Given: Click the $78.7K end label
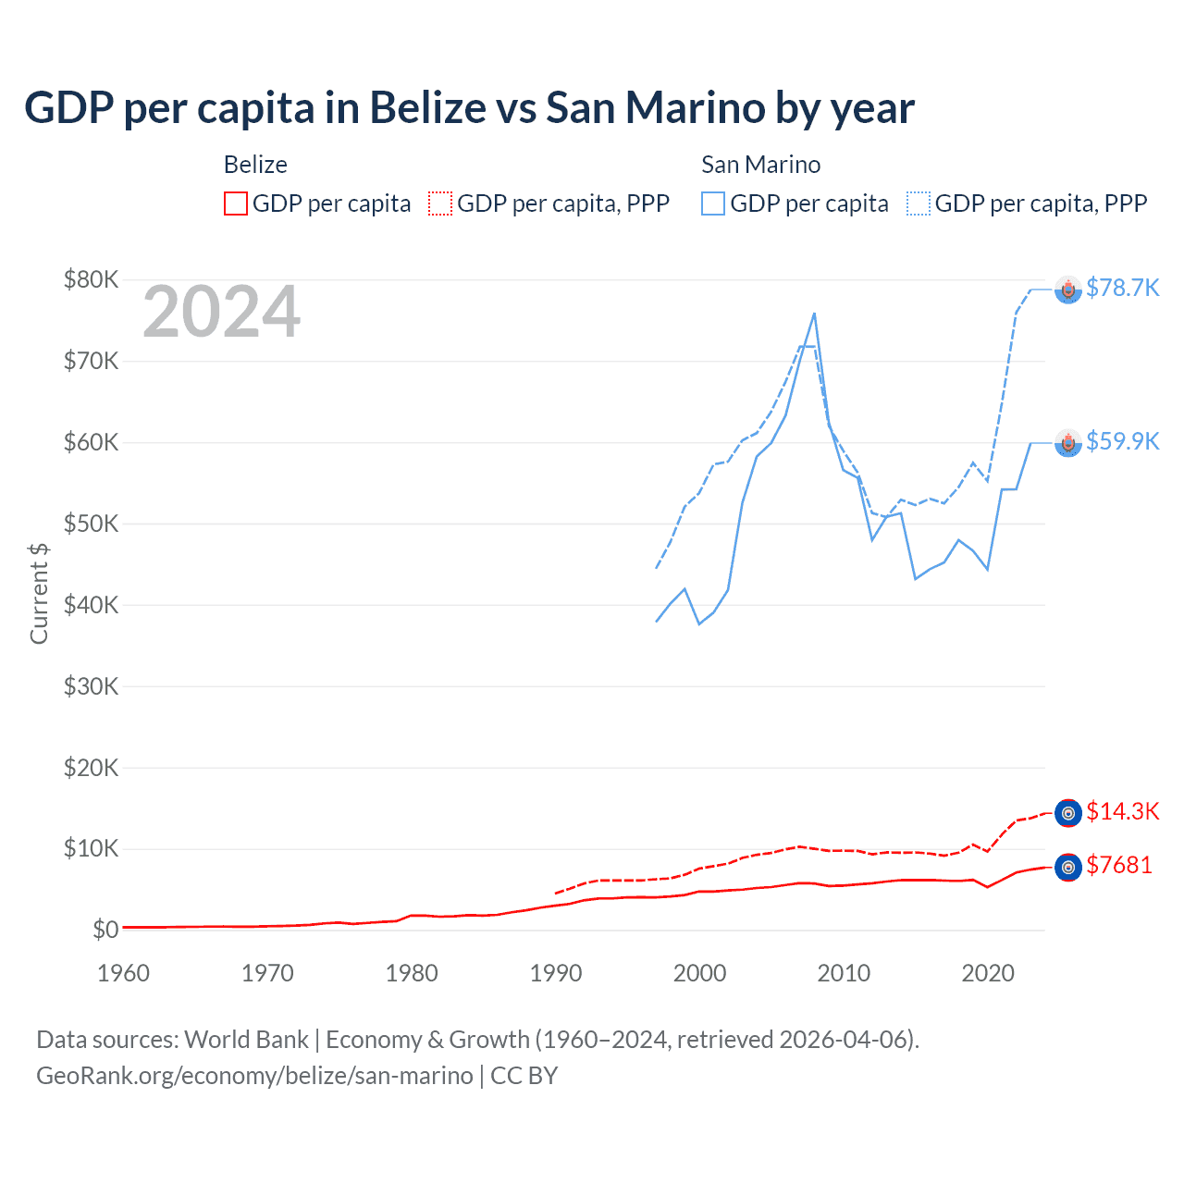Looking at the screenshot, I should point(1122,288).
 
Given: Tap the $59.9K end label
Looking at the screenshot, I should point(1122,441).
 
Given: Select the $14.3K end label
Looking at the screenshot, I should point(1122,811).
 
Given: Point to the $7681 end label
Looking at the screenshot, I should point(1118,865).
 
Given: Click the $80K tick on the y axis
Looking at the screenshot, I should point(91,279).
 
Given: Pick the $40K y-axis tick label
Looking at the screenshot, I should point(91,605).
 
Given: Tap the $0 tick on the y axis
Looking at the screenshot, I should point(105,930).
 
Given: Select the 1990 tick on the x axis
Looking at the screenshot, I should point(556,973).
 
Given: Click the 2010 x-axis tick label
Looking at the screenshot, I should point(844,973).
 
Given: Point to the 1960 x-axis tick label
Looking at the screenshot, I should point(123,973).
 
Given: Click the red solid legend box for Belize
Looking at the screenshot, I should point(236,203).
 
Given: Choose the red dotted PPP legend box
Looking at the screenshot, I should point(440,203).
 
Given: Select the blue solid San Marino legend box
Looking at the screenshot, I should point(713,203).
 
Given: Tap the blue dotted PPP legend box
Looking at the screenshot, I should point(919,203).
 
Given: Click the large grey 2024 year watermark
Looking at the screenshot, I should point(221,312).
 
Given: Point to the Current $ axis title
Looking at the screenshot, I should point(39,593).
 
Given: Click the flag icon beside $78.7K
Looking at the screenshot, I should point(1068,290).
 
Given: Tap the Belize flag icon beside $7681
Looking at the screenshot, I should point(1068,867).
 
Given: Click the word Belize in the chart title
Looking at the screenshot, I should point(428,108).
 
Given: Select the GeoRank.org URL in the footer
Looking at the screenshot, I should point(254,1076).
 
